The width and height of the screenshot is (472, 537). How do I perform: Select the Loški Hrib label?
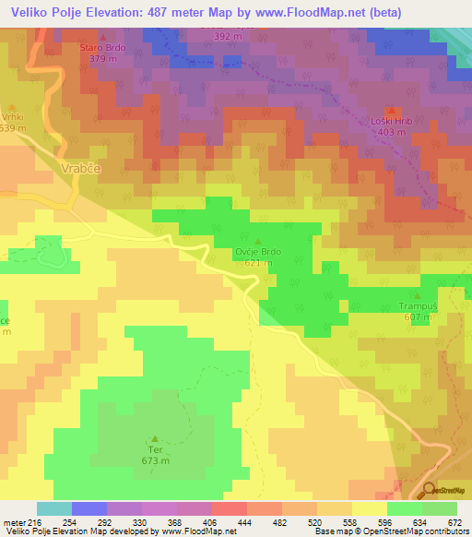coord(392,121)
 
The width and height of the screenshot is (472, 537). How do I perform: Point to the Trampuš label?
coord(417,305)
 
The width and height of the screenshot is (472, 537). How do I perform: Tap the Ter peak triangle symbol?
coord(155,438)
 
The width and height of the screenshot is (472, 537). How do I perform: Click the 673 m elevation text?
coord(156,460)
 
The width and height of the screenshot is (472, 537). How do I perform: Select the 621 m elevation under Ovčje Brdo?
coord(258,263)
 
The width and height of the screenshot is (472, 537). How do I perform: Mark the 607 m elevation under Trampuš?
coord(417,316)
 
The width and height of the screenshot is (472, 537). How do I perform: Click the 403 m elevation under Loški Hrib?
coord(392,132)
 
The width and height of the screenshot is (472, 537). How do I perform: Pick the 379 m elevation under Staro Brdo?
coord(101,58)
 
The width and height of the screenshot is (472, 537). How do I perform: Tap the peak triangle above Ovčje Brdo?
coord(258,239)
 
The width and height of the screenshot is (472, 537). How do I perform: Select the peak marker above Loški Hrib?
coord(391,109)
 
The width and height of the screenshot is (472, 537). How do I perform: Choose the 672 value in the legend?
coord(455,522)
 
